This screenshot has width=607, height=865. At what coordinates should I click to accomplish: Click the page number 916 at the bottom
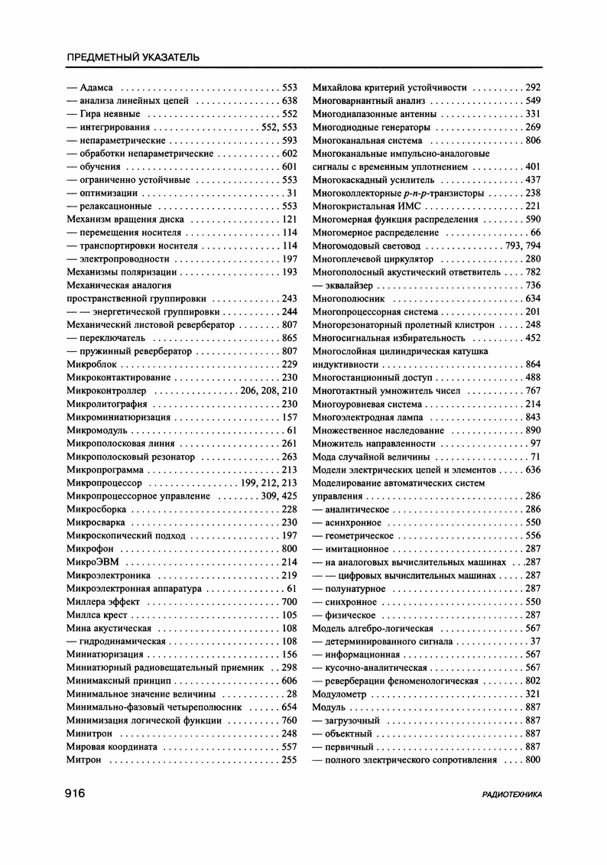point(74,794)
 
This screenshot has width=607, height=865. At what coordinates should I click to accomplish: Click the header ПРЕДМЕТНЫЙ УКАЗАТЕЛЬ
point(133,57)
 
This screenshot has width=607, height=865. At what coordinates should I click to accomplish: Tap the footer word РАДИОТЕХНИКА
point(512,795)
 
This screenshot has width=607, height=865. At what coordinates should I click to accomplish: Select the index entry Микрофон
point(88,548)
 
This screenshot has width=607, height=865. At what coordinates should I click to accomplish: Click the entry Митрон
point(84,759)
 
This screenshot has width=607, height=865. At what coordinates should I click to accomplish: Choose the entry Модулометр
point(339,694)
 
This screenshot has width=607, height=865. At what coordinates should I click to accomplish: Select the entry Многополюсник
point(344,298)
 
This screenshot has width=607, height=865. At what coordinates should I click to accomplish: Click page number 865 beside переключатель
point(289,338)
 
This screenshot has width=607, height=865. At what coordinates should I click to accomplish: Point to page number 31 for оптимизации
point(292,193)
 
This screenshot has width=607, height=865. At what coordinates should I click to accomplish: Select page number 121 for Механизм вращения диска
point(289,220)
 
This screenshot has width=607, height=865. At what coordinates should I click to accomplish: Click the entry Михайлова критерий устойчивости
point(390,87)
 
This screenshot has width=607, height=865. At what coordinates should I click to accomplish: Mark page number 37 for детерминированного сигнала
point(535,642)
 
